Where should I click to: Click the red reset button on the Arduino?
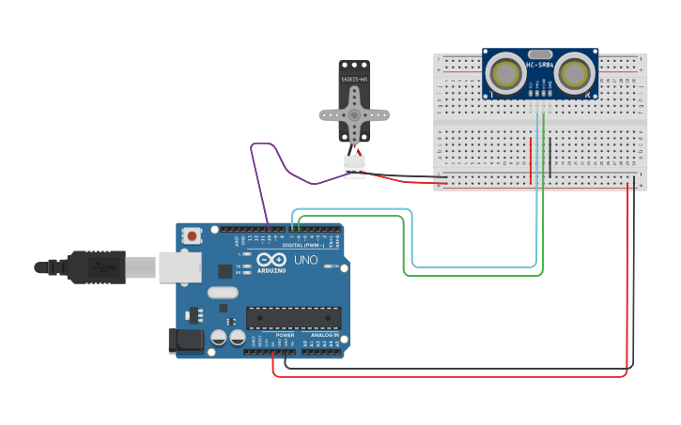coord(193,235)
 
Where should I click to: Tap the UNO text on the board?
coord(306,260)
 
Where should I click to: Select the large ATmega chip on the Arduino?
coord(292,318)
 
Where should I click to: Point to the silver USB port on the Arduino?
coord(179,266)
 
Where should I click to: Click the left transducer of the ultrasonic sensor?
coord(506,72)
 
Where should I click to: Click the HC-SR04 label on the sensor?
coord(540,65)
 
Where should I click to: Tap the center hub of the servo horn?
coord(354,114)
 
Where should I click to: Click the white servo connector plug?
coord(354,165)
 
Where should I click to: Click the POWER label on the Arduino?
coord(286,335)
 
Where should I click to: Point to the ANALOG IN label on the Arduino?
coord(324,335)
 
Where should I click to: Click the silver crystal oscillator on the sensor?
coord(540,54)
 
